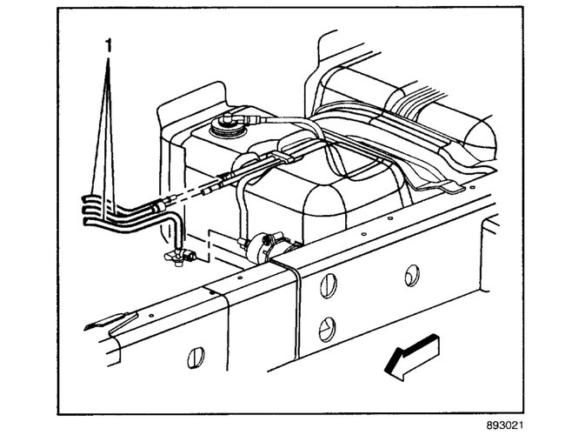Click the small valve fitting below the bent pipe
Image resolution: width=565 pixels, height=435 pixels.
pyautogui.click(x=177, y=256)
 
